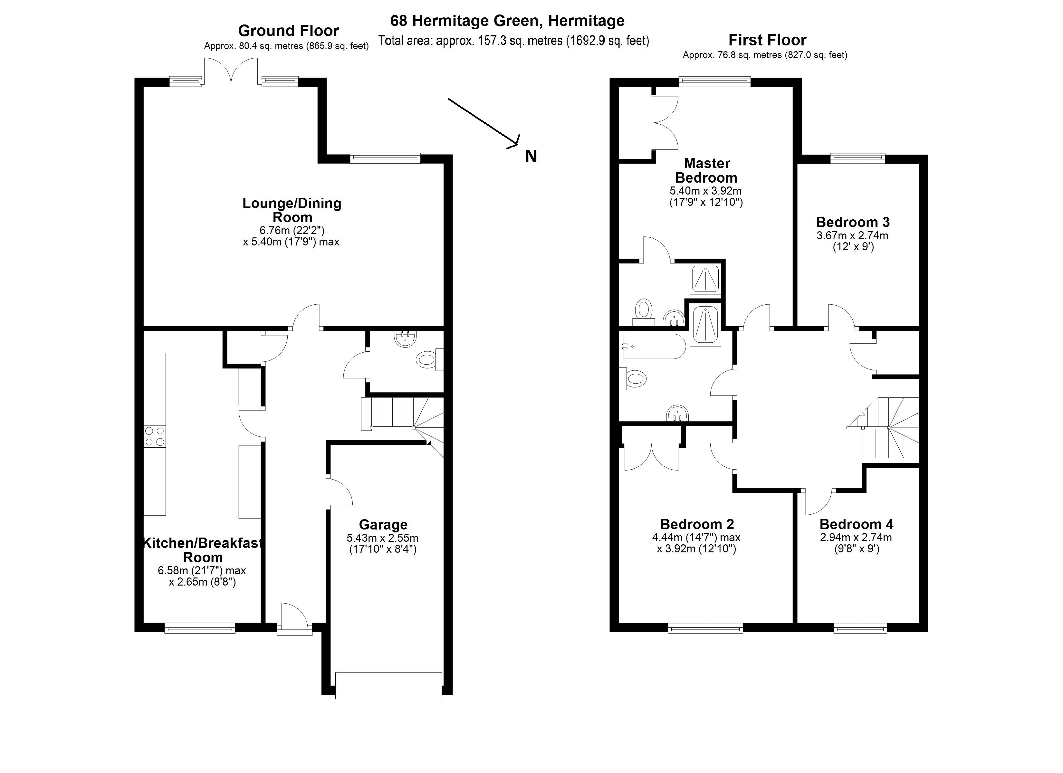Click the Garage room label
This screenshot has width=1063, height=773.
pyautogui.click(x=383, y=525)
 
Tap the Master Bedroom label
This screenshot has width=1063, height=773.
pyautogui.click(x=706, y=171)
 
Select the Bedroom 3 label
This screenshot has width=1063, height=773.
pyautogui.click(x=853, y=222)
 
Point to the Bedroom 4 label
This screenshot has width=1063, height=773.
pyautogui.click(x=856, y=524)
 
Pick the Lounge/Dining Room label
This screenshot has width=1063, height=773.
pyautogui.click(x=292, y=210)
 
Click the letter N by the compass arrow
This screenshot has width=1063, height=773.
pyautogui.click(x=531, y=157)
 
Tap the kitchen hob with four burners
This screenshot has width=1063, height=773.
pyautogui.click(x=155, y=436)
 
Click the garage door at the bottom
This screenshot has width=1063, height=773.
pyautogui.click(x=388, y=685)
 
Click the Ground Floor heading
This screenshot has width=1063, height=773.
pyautogui.click(x=288, y=31)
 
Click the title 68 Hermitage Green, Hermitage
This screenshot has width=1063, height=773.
pyautogui.click(x=507, y=21)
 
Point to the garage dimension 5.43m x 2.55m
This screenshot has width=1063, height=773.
pyautogui.click(x=382, y=538)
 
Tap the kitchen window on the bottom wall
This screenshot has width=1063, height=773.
pyautogui.click(x=200, y=628)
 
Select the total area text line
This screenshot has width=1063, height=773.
pyautogui.click(x=514, y=41)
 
